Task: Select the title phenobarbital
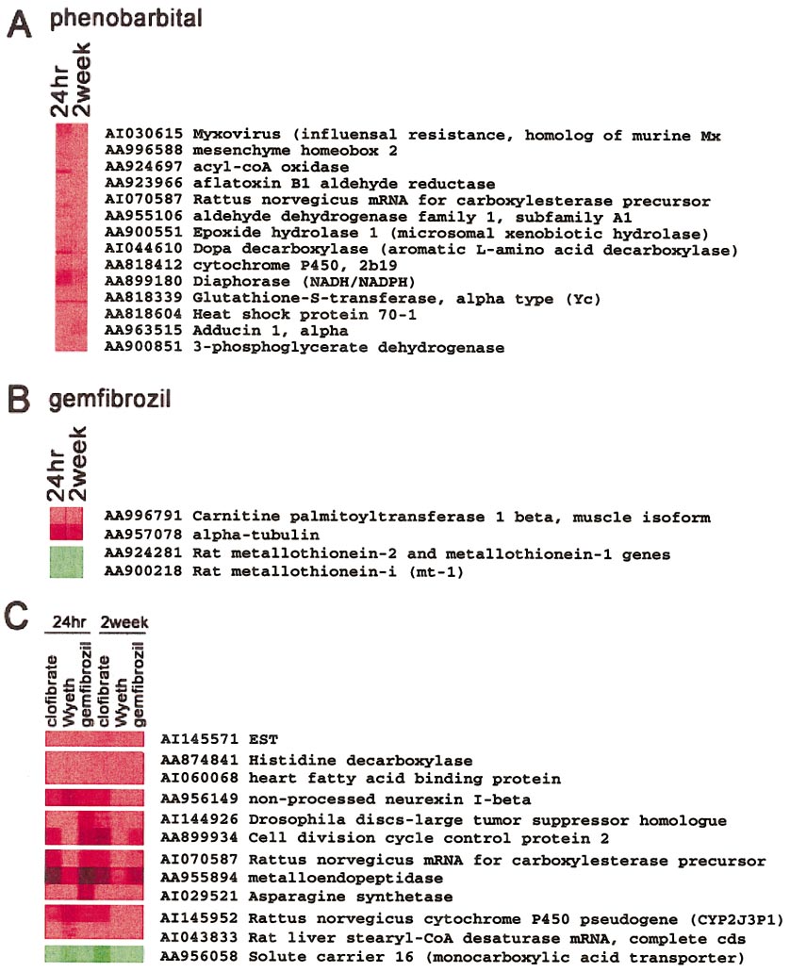pos(126,18)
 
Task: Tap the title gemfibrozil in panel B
pos(109,399)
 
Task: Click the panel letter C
pos(17,616)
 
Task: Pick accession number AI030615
pos(143,134)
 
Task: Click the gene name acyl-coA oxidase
pos(271,167)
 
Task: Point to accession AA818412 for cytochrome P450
pos(143,265)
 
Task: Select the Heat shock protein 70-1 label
pos(304,314)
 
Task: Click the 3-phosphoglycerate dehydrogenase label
pos(348,347)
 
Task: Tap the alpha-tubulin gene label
pos(255,535)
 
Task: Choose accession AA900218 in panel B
pos(143,571)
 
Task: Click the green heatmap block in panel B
pos(66,562)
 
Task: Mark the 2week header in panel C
pos(124,621)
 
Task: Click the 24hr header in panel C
pos(69,621)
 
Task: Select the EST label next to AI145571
pos(263,739)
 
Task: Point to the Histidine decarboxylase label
pos(360,760)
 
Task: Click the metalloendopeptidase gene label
pos(345,878)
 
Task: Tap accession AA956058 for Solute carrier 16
pos(199,957)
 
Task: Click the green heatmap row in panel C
pos(94,954)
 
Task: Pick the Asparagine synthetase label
pos(351,897)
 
